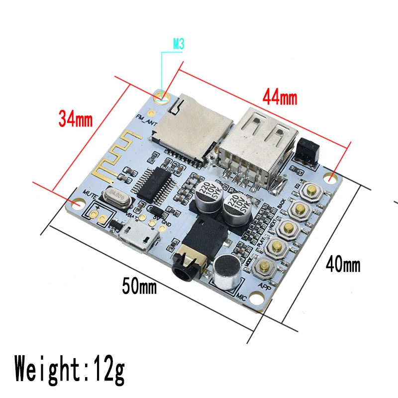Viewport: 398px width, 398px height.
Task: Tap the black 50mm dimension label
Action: [139, 286]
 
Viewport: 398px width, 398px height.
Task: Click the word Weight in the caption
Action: [47, 369]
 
